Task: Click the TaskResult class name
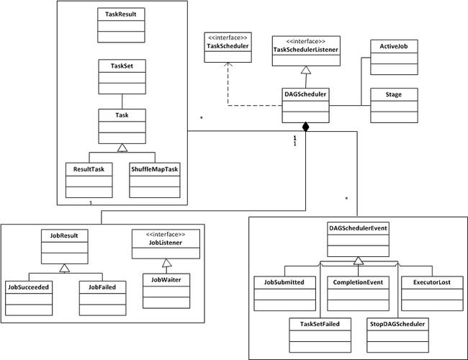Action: pyautogui.click(x=120, y=14)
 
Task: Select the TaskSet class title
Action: pyautogui.click(x=122, y=66)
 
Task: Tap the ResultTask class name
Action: pyautogui.click(x=89, y=169)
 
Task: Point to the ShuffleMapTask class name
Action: pyautogui.click(x=154, y=169)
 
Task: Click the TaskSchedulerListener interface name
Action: pyautogui.click(x=305, y=50)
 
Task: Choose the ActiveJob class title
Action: pyautogui.click(x=394, y=46)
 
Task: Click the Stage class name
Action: pyautogui.click(x=393, y=94)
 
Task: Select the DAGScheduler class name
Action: pyautogui.click(x=305, y=94)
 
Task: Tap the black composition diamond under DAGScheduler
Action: pyautogui.click(x=305, y=127)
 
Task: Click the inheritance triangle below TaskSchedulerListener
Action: pyautogui.click(x=306, y=70)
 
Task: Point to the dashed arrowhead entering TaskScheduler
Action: pyautogui.click(x=228, y=65)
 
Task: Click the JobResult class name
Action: pyautogui.click(x=64, y=235)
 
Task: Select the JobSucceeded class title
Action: pyautogui.click(x=28, y=287)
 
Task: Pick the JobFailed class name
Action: pyautogui.click(x=102, y=287)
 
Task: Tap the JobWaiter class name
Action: pyautogui.click(x=166, y=279)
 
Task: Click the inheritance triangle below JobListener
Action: pyautogui.click(x=167, y=263)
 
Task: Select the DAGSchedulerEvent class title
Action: pyautogui.click(x=358, y=228)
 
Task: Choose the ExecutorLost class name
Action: pyautogui.click(x=432, y=282)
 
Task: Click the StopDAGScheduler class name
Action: pyautogui.click(x=397, y=324)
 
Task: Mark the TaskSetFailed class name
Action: pyautogui.click(x=320, y=324)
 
